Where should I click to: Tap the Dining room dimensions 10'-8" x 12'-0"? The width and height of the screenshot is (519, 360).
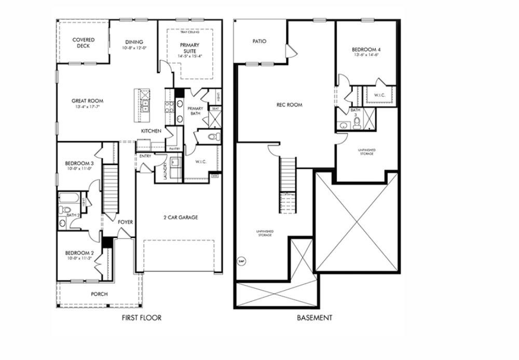point(134,48)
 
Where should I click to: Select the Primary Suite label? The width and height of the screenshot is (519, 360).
point(189,48)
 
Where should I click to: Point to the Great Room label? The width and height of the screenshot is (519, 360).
point(87,101)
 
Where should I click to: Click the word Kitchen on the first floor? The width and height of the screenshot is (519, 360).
point(151,131)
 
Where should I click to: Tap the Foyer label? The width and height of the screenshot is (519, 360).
point(125,222)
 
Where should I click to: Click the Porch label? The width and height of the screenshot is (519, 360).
point(99,294)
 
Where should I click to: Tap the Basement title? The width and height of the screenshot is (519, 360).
point(315,318)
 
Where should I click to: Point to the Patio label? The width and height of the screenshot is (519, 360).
point(259,41)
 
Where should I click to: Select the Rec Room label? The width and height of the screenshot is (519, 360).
point(289,105)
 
